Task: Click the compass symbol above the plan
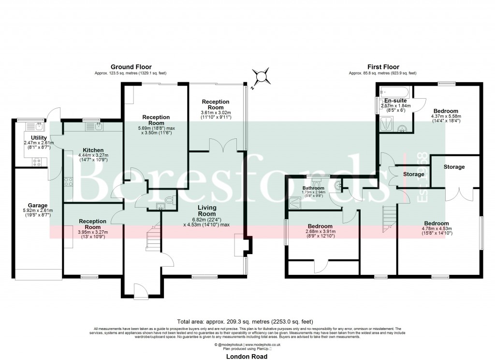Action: click(261, 76)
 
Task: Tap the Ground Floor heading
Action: click(131, 67)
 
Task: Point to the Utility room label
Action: click(39, 138)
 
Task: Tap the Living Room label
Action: click(206, 210)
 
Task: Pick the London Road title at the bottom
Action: click(247, 356)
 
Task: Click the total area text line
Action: click(245, 321)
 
